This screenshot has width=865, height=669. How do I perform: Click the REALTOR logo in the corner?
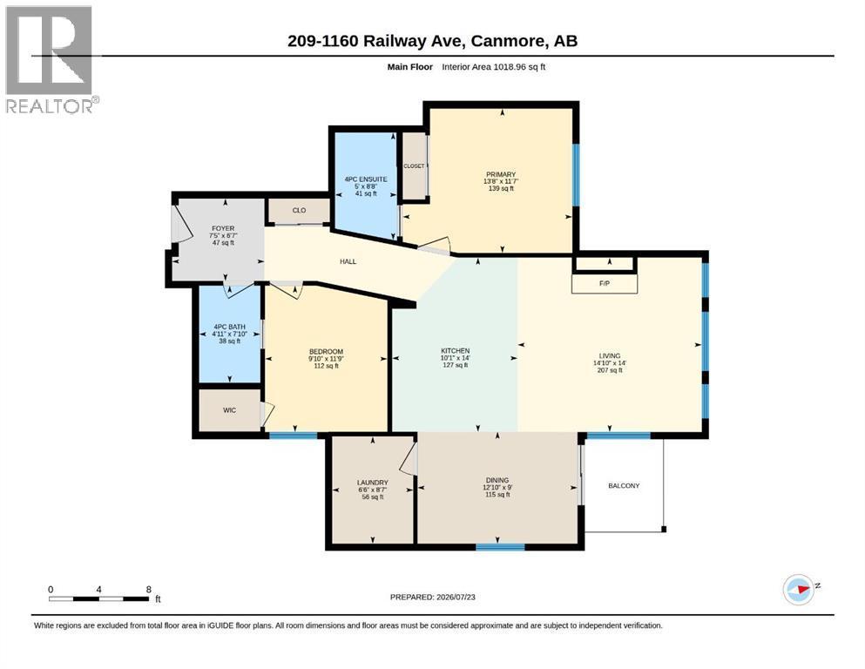pyautogui.click(x=52, y=59)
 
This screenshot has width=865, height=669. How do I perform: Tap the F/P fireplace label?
pyautogui.click(x=604, y=283)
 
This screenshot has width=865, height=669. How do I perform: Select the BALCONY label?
pyautogui.click(x=624, y=486)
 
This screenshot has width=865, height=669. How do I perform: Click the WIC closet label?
pyautogui.click(x=229, y=410)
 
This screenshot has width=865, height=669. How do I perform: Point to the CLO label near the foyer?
pyautogui.click(x=299, y=211)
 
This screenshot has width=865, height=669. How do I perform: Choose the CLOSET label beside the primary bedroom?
pyautogui.click(x=414, y=166)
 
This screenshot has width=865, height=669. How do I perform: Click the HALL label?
pyautogui.click(x=348, y=261)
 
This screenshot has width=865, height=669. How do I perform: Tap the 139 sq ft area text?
pyautogui.click(x=501, y=189)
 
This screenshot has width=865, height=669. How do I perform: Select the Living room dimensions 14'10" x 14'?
pyautogui.click(x=610, y=363)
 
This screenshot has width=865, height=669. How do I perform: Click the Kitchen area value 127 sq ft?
pyautogui.click(x=455, y=365)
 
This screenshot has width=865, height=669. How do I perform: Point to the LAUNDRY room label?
pyautogui.click(x=372, y=483)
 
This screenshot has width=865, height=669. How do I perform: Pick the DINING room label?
pyautogui.click(x=497, y=480)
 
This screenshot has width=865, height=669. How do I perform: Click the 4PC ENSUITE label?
pyautogui.click(x=366, y=179)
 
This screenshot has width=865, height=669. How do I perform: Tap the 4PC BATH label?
pyautogui.click(x=229, y=327)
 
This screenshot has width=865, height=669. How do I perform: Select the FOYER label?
pyautogui.click(x=223, y=228)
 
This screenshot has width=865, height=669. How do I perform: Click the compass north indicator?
pyautogui.click(x=801, y=590)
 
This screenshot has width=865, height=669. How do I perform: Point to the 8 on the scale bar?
pyautogui.click(x=148, y=590)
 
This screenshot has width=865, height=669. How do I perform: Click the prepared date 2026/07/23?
pyautogui.click(x=456, y=597)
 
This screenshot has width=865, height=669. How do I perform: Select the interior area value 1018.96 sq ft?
pyautogui.click(x=519, y=67)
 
